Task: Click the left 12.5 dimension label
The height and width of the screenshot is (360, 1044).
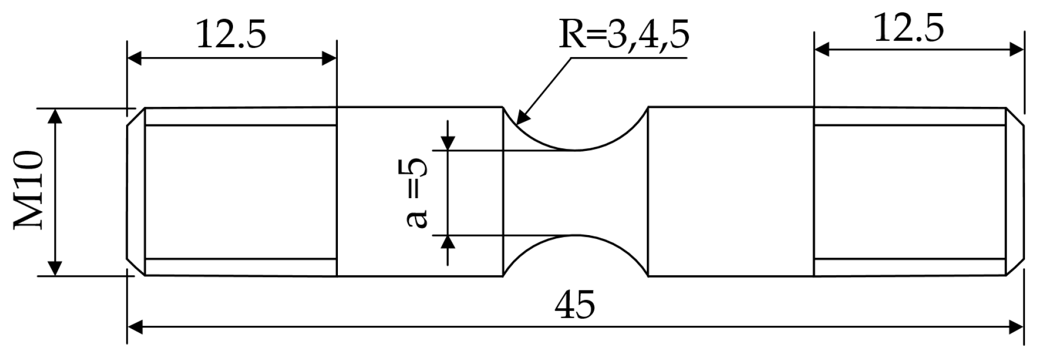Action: pyautogui.click(x=231, y=35)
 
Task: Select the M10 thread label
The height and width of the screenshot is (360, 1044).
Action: pyautogui.click(x=28, y=191)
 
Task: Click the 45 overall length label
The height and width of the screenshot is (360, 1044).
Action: pyautogui.click(x=575, y=305)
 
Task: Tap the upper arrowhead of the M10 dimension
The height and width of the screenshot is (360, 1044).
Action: pyautogui.click(x=55, y=115)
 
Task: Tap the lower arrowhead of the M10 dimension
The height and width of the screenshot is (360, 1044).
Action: pyautogui.click(x=55, y=269)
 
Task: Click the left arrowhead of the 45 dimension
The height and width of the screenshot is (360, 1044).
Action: pyautogui.click(x=134, y=327)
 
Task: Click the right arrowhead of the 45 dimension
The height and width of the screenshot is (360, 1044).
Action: pyautogui.click(x=1016, y=327)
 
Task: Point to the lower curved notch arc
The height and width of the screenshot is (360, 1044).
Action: pyautogui.click(x=576, y=236)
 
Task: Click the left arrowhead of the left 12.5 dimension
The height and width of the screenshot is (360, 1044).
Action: pyautogui.click(x=134, y=58)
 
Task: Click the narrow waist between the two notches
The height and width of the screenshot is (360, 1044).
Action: pyautogui.click(x=576, y=192)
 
